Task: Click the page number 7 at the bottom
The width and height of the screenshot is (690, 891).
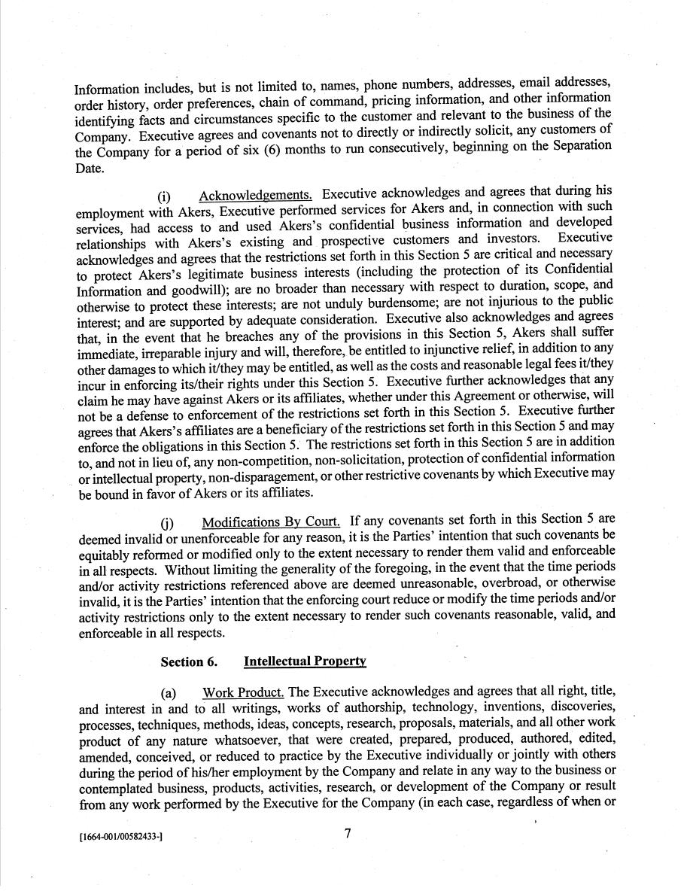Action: [348, 834]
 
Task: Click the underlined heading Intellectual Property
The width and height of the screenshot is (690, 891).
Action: [305, 661]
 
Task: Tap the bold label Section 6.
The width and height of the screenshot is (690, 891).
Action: [189, 662]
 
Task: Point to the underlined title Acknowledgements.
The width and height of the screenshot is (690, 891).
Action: [256, 196]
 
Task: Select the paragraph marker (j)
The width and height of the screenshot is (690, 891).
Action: [166, 523]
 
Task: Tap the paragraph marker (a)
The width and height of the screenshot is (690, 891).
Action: [169, 693]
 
